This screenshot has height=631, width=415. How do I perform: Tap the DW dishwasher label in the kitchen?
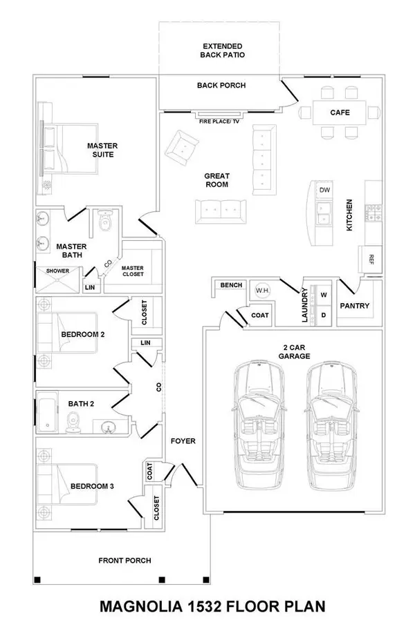[x=324, y=190]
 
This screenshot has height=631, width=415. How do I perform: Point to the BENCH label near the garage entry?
[x=230, y=285]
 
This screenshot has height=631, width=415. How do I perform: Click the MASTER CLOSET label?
[x=132, y=271]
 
